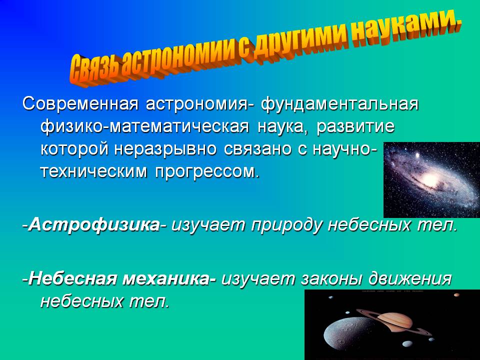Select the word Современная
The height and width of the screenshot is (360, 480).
click(80, 104)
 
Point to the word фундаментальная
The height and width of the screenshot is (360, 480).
click(339, 104)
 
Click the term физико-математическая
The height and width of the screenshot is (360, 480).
click(145, 127)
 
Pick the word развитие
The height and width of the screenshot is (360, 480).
click(355, 127)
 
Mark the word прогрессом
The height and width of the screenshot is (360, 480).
click(207, 172)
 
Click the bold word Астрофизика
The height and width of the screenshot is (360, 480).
click(94, 225)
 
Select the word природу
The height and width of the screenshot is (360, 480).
click(286, 226)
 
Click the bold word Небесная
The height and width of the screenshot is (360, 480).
click(73, 278)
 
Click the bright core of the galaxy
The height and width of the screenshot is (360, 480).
click(429, 178)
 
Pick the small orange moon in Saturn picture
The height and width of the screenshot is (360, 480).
click(456, 295)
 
